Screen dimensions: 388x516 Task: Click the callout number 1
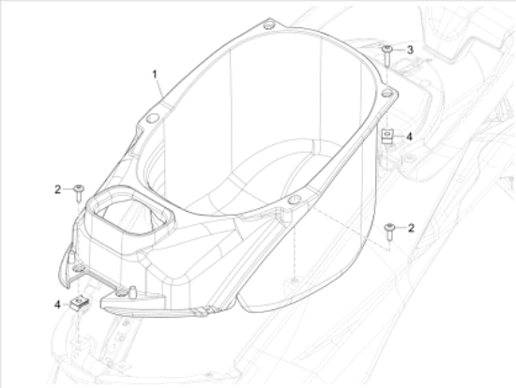[x=157, y=73]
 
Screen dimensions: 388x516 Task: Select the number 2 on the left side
[x=57, y=189]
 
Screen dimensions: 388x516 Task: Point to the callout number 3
[x=409, y=49]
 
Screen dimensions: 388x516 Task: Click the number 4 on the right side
[x=408, y=136]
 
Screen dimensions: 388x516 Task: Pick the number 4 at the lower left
[x=57, y=304]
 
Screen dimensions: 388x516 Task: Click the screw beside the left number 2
[x=79, y=190]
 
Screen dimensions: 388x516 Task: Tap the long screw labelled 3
[x=386, y=52]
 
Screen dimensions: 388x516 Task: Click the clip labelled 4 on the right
[x=387, y=137]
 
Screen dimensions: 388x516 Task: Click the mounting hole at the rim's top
[x=270, y=22]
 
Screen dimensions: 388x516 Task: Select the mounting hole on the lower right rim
[x=295, y=200]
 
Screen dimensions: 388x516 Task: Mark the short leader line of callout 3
[x=398, y=49]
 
